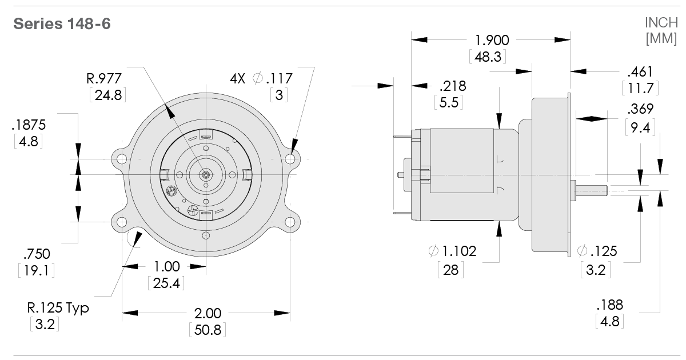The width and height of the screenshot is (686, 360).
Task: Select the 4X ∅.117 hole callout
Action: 261,78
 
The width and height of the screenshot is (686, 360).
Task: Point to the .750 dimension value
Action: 35,253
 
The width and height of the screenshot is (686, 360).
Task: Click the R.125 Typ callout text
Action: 58,309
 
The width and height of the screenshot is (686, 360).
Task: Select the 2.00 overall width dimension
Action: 208,314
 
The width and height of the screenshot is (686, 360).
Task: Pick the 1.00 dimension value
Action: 166,266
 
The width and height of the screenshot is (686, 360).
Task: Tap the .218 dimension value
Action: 453,86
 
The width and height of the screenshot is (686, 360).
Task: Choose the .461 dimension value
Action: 640,72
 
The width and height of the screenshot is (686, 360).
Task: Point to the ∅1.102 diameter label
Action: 452,251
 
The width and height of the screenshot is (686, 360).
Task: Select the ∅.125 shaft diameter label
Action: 597,251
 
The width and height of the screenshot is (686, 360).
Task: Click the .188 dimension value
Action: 609,304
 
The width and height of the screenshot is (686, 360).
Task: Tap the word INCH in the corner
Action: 661,23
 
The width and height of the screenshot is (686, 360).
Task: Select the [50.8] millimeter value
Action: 207,330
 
